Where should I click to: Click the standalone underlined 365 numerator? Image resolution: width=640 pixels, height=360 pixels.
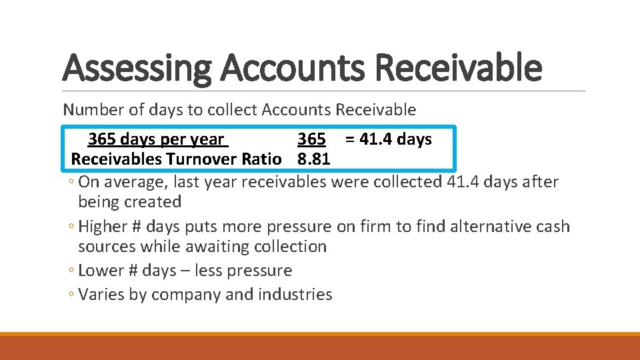point(311,139)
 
